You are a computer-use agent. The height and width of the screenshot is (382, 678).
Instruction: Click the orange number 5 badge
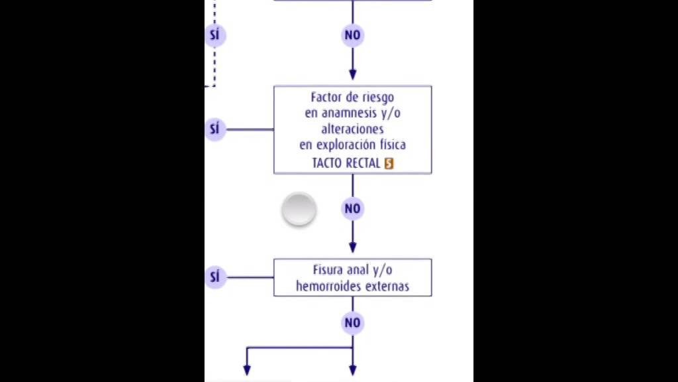[389, 163]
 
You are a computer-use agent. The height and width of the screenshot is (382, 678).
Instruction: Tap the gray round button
[299, 210]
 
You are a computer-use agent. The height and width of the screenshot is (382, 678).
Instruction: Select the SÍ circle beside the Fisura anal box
[215, 277]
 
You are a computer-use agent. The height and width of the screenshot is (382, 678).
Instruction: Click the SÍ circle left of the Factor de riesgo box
[215, 129]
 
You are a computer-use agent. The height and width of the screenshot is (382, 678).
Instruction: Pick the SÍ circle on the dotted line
[215, 34]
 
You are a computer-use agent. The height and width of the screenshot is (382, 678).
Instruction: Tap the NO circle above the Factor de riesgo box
[352, 34]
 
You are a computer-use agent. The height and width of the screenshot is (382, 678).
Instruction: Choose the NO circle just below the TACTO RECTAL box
[352, 209]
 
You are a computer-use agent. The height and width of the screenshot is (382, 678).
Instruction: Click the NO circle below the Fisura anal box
[352, 323]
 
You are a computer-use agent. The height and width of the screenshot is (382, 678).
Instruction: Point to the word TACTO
[327, 163]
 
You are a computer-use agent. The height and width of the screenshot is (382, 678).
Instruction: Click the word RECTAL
[363, 163]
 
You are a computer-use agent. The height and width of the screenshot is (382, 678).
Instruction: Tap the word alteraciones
[352, 129]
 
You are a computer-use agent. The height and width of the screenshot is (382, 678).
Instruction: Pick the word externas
[387, 286]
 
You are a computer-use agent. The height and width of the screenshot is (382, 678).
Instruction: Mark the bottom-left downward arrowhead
[247, 370]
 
